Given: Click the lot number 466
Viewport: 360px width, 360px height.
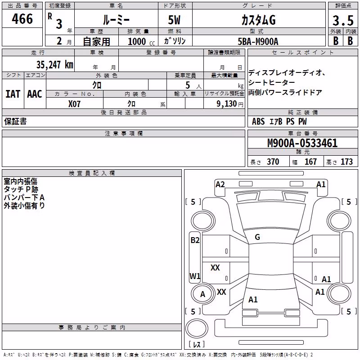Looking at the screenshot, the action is point(22,19).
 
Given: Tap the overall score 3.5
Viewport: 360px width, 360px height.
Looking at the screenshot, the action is point(343,21).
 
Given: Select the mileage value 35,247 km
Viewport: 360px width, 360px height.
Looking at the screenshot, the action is point(54,65).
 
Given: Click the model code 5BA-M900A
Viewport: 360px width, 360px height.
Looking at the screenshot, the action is point(258,41).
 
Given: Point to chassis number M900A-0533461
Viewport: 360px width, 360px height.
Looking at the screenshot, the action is point(302,143).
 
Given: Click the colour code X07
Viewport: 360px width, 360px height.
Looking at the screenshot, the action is point(74,104).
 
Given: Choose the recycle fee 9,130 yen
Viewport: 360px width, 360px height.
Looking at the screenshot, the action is point(230,104).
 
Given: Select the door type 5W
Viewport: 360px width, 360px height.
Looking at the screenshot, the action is point(174,20).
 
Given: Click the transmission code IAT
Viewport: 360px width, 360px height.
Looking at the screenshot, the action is point(13,94).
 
